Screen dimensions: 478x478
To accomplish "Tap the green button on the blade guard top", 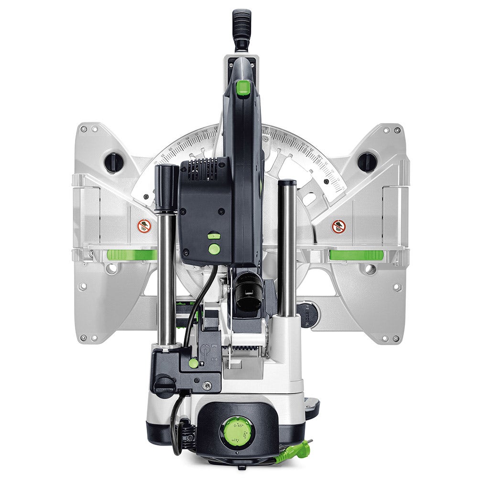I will click(243, 87).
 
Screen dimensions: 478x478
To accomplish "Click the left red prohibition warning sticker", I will click(144, 226).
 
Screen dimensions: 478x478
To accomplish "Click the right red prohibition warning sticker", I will click(338, 226).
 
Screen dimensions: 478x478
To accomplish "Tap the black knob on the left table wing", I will click(114, 162).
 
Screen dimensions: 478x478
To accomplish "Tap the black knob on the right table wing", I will click(367, 162).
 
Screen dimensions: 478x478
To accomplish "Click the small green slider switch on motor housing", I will click(214, 236).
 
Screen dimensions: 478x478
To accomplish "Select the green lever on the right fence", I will click(356, 255).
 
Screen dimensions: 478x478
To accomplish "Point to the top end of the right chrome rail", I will click(287, 183).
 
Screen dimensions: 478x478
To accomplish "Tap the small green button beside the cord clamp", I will click(193, 363).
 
